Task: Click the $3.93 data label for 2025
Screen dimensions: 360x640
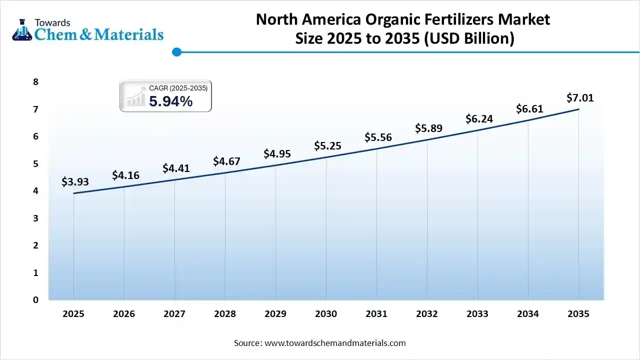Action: coord(75,182)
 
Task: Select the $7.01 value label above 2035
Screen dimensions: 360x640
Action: coord(580,98)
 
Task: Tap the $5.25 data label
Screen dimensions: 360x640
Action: coord(327,145)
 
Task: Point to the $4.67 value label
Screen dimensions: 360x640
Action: coord(226,161)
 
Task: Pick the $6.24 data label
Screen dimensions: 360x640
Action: coord(479,119)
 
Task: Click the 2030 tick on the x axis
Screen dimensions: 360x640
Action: coord(326,314)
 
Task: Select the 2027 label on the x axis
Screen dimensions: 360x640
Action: coord(174,314)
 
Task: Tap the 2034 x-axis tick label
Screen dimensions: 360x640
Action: coord(528,314)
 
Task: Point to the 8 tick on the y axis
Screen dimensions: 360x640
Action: coord(35,82)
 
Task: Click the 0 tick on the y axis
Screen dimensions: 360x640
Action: coord(35,300)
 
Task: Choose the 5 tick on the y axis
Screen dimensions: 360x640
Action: coord(35,164)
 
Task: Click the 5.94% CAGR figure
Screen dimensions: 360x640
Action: coord(170,101)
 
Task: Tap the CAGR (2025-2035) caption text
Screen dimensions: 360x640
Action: coord(178,88)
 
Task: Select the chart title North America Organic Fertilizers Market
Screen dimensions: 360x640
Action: coord(402,19)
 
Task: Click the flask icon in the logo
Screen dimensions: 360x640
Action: coord(21,31)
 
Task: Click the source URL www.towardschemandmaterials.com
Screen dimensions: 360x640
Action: coord(335,343)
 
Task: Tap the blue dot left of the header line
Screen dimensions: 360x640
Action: coord(176,52)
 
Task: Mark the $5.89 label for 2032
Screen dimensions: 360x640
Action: coord(428,128)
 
